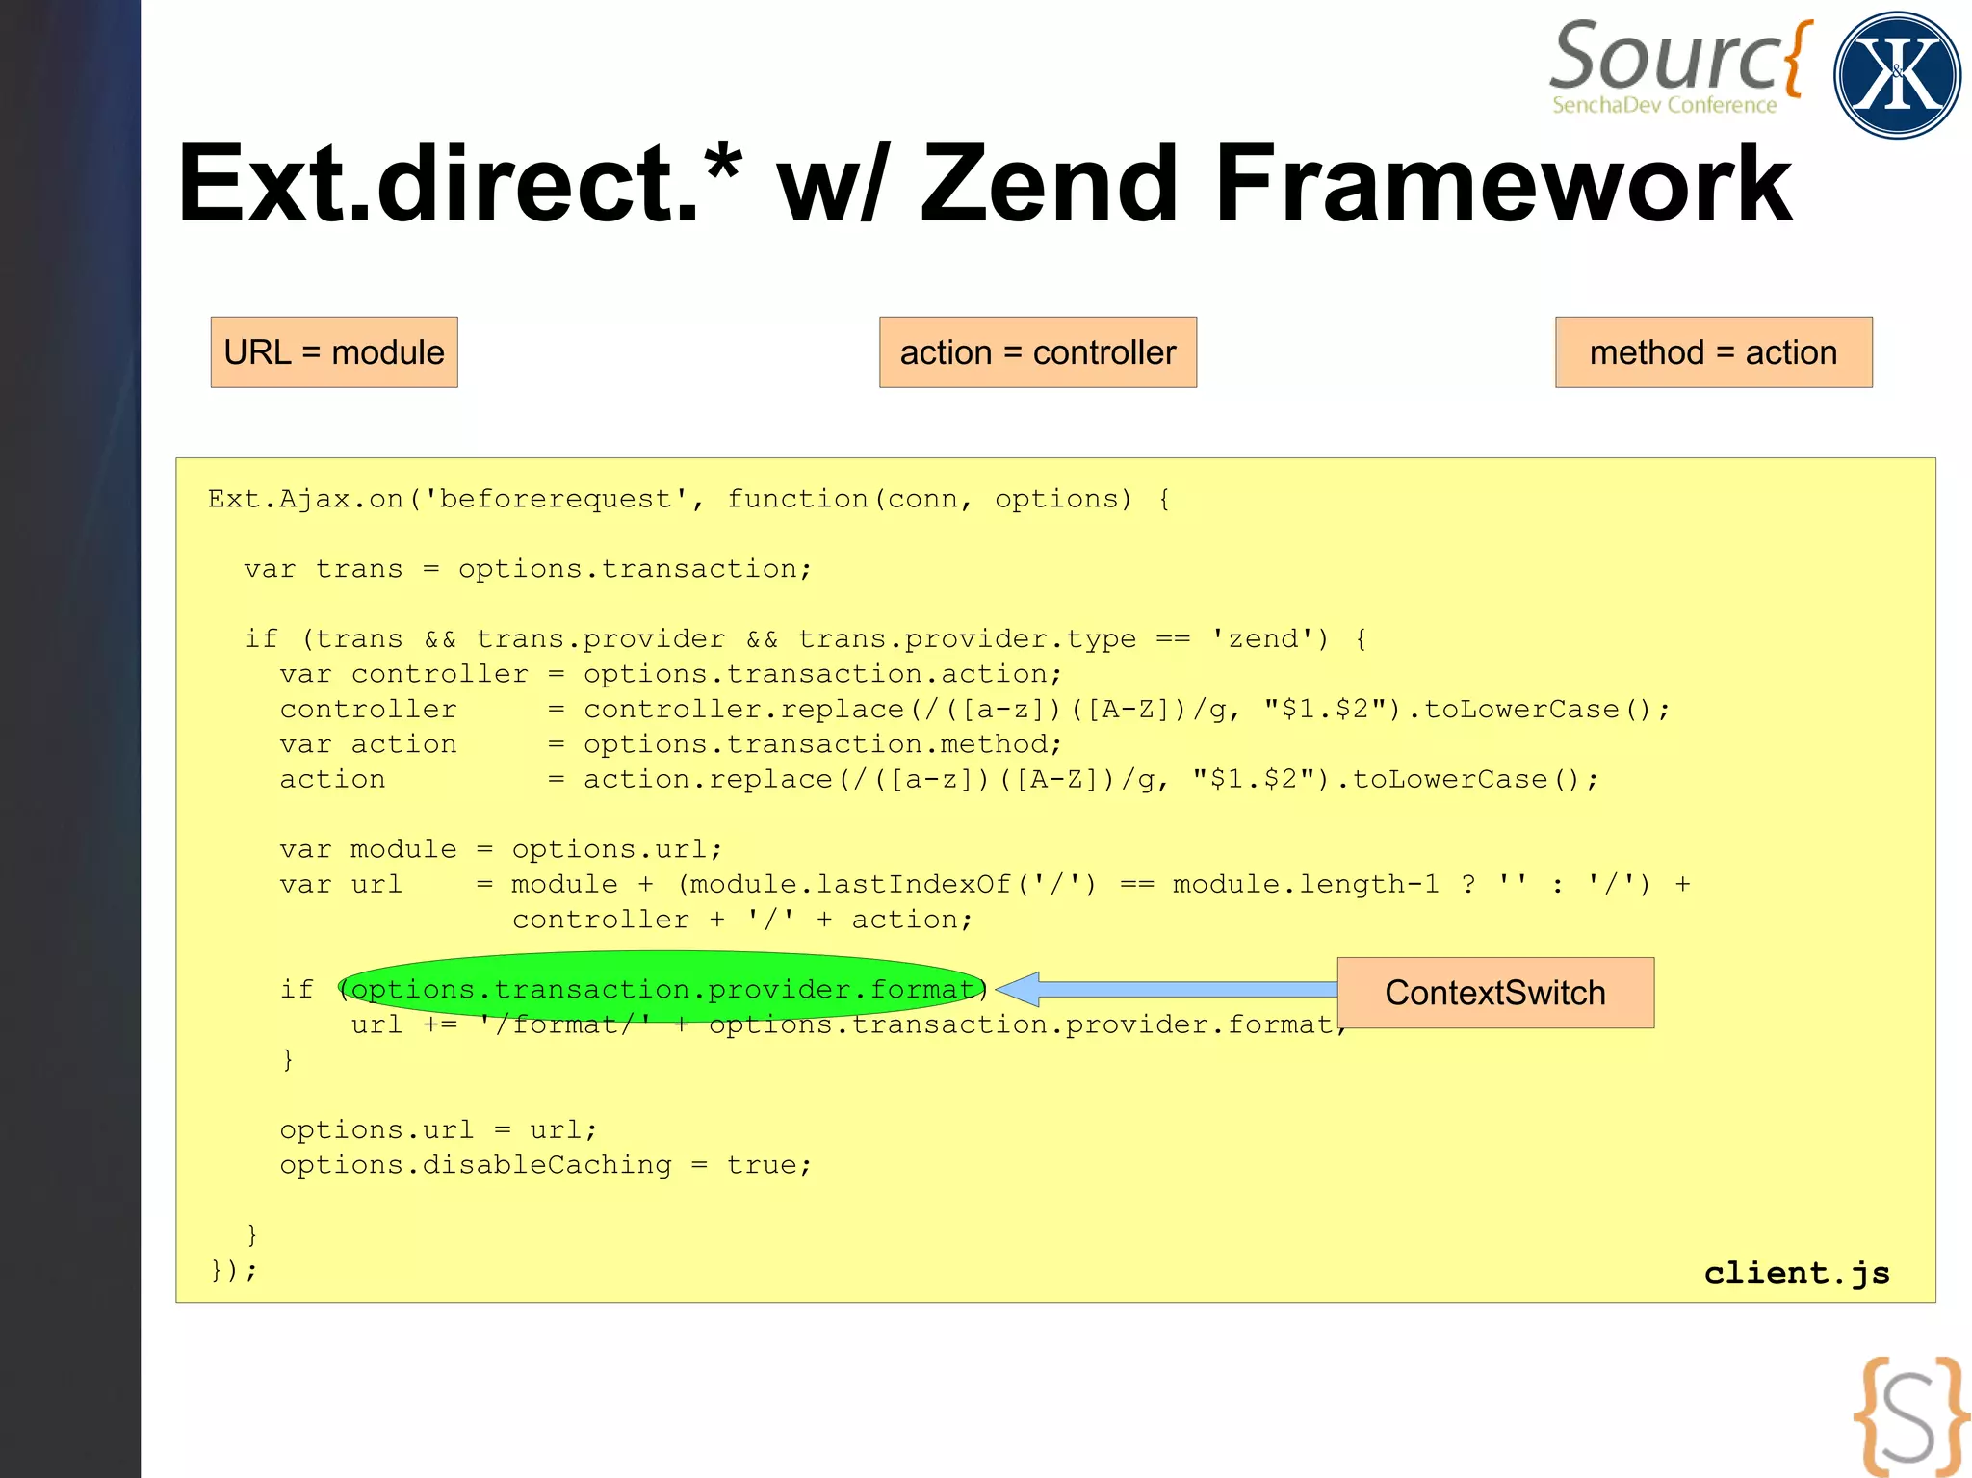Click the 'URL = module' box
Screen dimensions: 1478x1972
tap(334, 352)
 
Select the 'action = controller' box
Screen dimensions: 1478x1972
tap(1037, 352)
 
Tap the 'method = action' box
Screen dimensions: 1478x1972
tap(1713, 352)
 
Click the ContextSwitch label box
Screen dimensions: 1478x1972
tap(1495, 993)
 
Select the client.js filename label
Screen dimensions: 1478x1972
tap(1797, 1273)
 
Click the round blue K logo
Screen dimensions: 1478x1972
tap(1896, 75)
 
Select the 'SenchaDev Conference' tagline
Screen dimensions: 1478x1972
tap(1664, 105)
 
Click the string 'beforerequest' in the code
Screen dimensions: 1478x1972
tap(556, 499)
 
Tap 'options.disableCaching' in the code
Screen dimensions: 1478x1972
tap(476, 1165)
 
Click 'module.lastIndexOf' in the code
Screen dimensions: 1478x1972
tap(850, 884)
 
